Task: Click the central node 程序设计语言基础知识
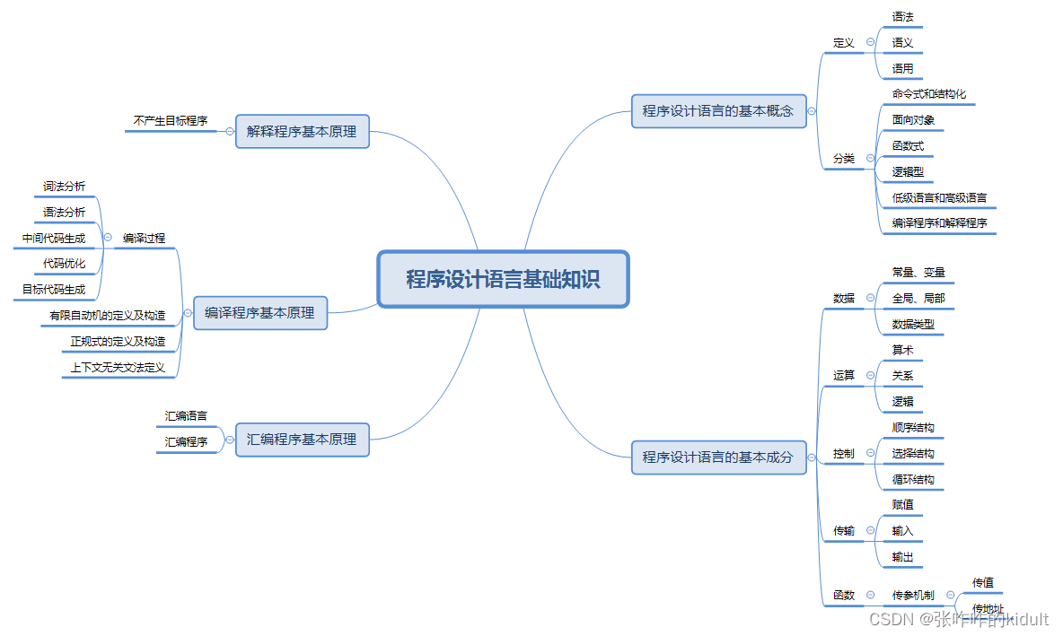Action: click(x=503, y=279)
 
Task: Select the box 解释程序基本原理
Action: click(x=302, y=131)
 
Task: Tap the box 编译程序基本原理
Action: click(x=259, y=313)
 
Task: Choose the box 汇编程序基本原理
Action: click(x=302, y=440)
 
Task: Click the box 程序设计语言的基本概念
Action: click(x=717, y=111)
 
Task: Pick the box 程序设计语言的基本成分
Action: click(x=717, y=457)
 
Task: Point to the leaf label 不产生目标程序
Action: click(x=171, y=119)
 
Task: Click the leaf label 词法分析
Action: click(x=65, y=187)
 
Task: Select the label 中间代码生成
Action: click(x=54, y=239)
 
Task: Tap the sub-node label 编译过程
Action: click(x=144, y=238)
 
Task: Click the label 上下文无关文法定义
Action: click(x=118, y=367)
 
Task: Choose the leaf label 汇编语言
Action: click(x=186, y=416)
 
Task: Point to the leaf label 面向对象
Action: click(x=913, y=119)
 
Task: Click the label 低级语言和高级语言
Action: click(x=939, y=197)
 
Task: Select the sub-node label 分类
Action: click(x=844, y=159)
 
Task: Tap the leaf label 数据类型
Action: click(x=913, y=324)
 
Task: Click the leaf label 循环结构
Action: click(x=913, y=479)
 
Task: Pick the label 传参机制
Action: click(x=913, y=595)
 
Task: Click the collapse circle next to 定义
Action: click(x=870, y=42)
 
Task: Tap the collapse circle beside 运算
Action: click(x=870, y=375)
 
